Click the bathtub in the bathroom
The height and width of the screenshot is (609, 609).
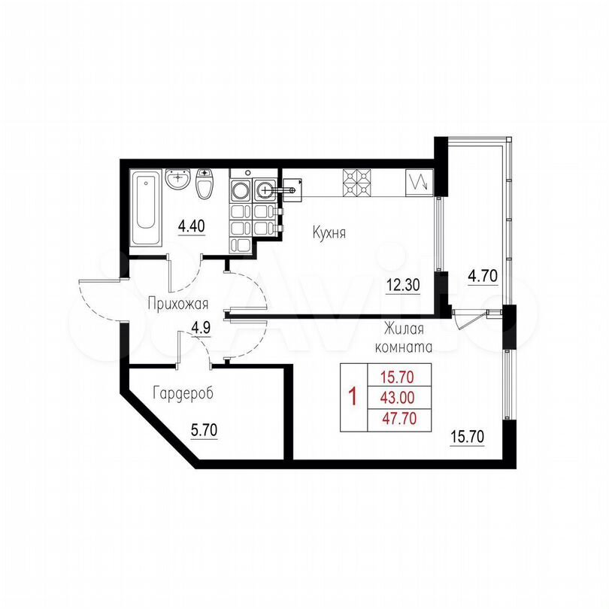[x=145, y=208]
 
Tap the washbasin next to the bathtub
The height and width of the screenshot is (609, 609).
[x=178, y=180]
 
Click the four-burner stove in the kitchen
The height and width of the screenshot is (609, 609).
[x=356, y=182]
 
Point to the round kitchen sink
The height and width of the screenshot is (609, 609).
[x=265, y=190]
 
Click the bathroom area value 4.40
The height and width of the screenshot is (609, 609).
[x=192, y=226]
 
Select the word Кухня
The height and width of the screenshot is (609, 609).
[x=329, y=233]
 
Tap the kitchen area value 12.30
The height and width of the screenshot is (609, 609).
[x=403, y=286]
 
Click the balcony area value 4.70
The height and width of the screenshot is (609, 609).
[x=483, y=276]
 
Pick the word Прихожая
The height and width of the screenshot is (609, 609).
[x=178, y=304]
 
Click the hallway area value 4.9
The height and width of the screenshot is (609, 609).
[x=201, y=328]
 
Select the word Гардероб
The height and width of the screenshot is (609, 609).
[x=183, y=393]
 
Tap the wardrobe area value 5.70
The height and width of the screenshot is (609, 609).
[x=204, y=430]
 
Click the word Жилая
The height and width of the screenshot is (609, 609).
[x=404, y=329]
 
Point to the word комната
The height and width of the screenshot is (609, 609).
[x=404, y=347]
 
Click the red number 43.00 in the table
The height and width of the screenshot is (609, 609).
[x=398, y=398]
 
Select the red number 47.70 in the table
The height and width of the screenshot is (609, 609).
[x=399, y=418]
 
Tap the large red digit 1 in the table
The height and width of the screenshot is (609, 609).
[x=353, y=396]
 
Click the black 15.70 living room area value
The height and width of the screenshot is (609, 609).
[x=467, y=437]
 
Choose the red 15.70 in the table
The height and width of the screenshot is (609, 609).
[x=397, y=377]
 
